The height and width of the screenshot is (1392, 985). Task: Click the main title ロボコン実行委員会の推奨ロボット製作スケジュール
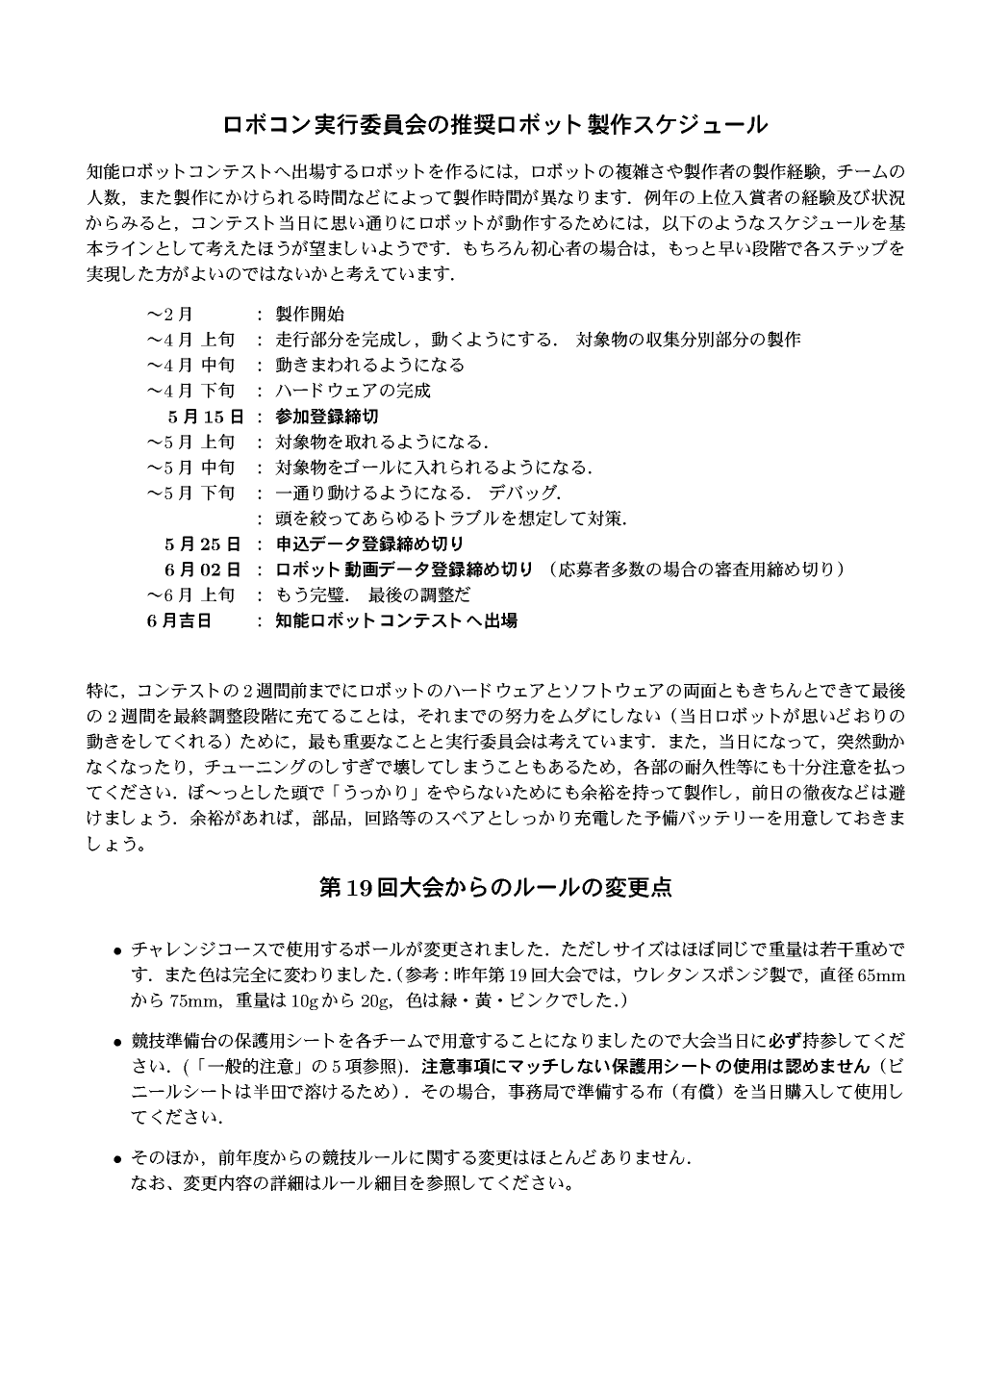[494, 125]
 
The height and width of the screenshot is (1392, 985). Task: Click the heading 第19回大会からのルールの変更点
[494, 887]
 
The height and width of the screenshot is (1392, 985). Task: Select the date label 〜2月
[169, 315]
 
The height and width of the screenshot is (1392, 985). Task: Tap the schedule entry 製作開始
[310, 315]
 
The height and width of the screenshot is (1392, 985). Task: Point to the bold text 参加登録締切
[326, 417]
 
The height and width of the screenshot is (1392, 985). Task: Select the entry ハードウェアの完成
[353, 391]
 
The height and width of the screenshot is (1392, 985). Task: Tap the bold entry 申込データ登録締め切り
[369, 544]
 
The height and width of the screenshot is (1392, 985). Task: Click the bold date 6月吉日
[180, 620]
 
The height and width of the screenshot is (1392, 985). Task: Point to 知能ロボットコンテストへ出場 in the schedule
[396, 620]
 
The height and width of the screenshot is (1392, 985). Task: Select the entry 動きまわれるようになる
[369, 366]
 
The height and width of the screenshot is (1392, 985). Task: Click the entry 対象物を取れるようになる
[382, 443]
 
